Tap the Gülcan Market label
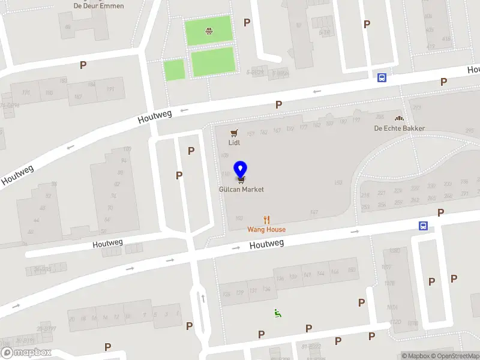pyautogui.click(x=241, y=189)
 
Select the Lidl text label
pyautogui.click(x=234, y=143)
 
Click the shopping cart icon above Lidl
pyautogui.click(x=234, y=133)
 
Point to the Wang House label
pyautogui.click(x=266, y=229)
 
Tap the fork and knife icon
pyautogui.click(x=267, y=220)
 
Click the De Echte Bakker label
pyautogui.click(x=399, y=128)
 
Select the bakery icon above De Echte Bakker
pyautogui.click(x=399, y=118)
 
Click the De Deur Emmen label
pyautogui.click(x=98, y=6)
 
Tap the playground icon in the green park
pyautogui.click(x=208, y=31)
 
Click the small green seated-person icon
pyautogui.click(x=277, y=312)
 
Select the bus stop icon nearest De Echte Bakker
pyautogui.click(x=382, y=77)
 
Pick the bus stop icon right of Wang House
pyautogui.click(x=423, y=226)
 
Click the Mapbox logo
pyautogui.click(x=26, y=353)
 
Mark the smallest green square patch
pyautogui.click(x=174, y=70)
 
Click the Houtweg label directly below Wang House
pyautogui.click(x=266, y=244)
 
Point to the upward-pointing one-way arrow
pyautogui.click(x=203, y=298)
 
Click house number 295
pyautogui.click(x=469, y=130)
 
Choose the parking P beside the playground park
pyautogui.click(x=247, y=22)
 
